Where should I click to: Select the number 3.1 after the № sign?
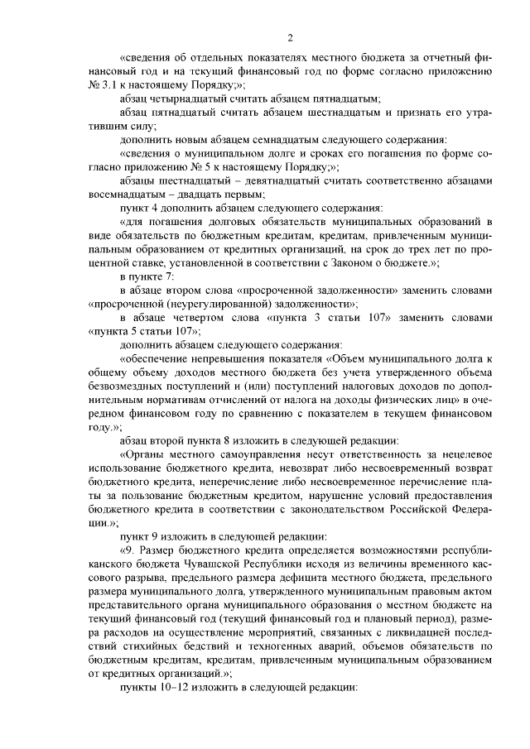(108, 84)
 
